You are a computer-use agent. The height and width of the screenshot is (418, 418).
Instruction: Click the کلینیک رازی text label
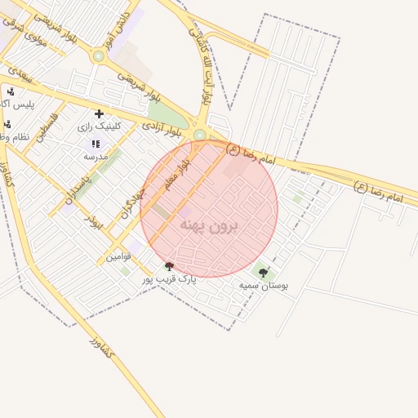tap(99, 127)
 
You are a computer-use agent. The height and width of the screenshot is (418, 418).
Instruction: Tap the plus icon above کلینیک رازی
tap(99, 113)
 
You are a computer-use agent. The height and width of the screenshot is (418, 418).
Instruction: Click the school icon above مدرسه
tap(96, 144)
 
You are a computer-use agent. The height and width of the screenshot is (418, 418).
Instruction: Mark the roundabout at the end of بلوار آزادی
tap(199, 135)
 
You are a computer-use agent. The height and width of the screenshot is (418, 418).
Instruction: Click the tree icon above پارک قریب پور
tap(170, 266)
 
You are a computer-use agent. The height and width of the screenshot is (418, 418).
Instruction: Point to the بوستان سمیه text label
tap(263, 287)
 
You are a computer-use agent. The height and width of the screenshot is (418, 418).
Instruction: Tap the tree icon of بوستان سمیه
tap(263, 273)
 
